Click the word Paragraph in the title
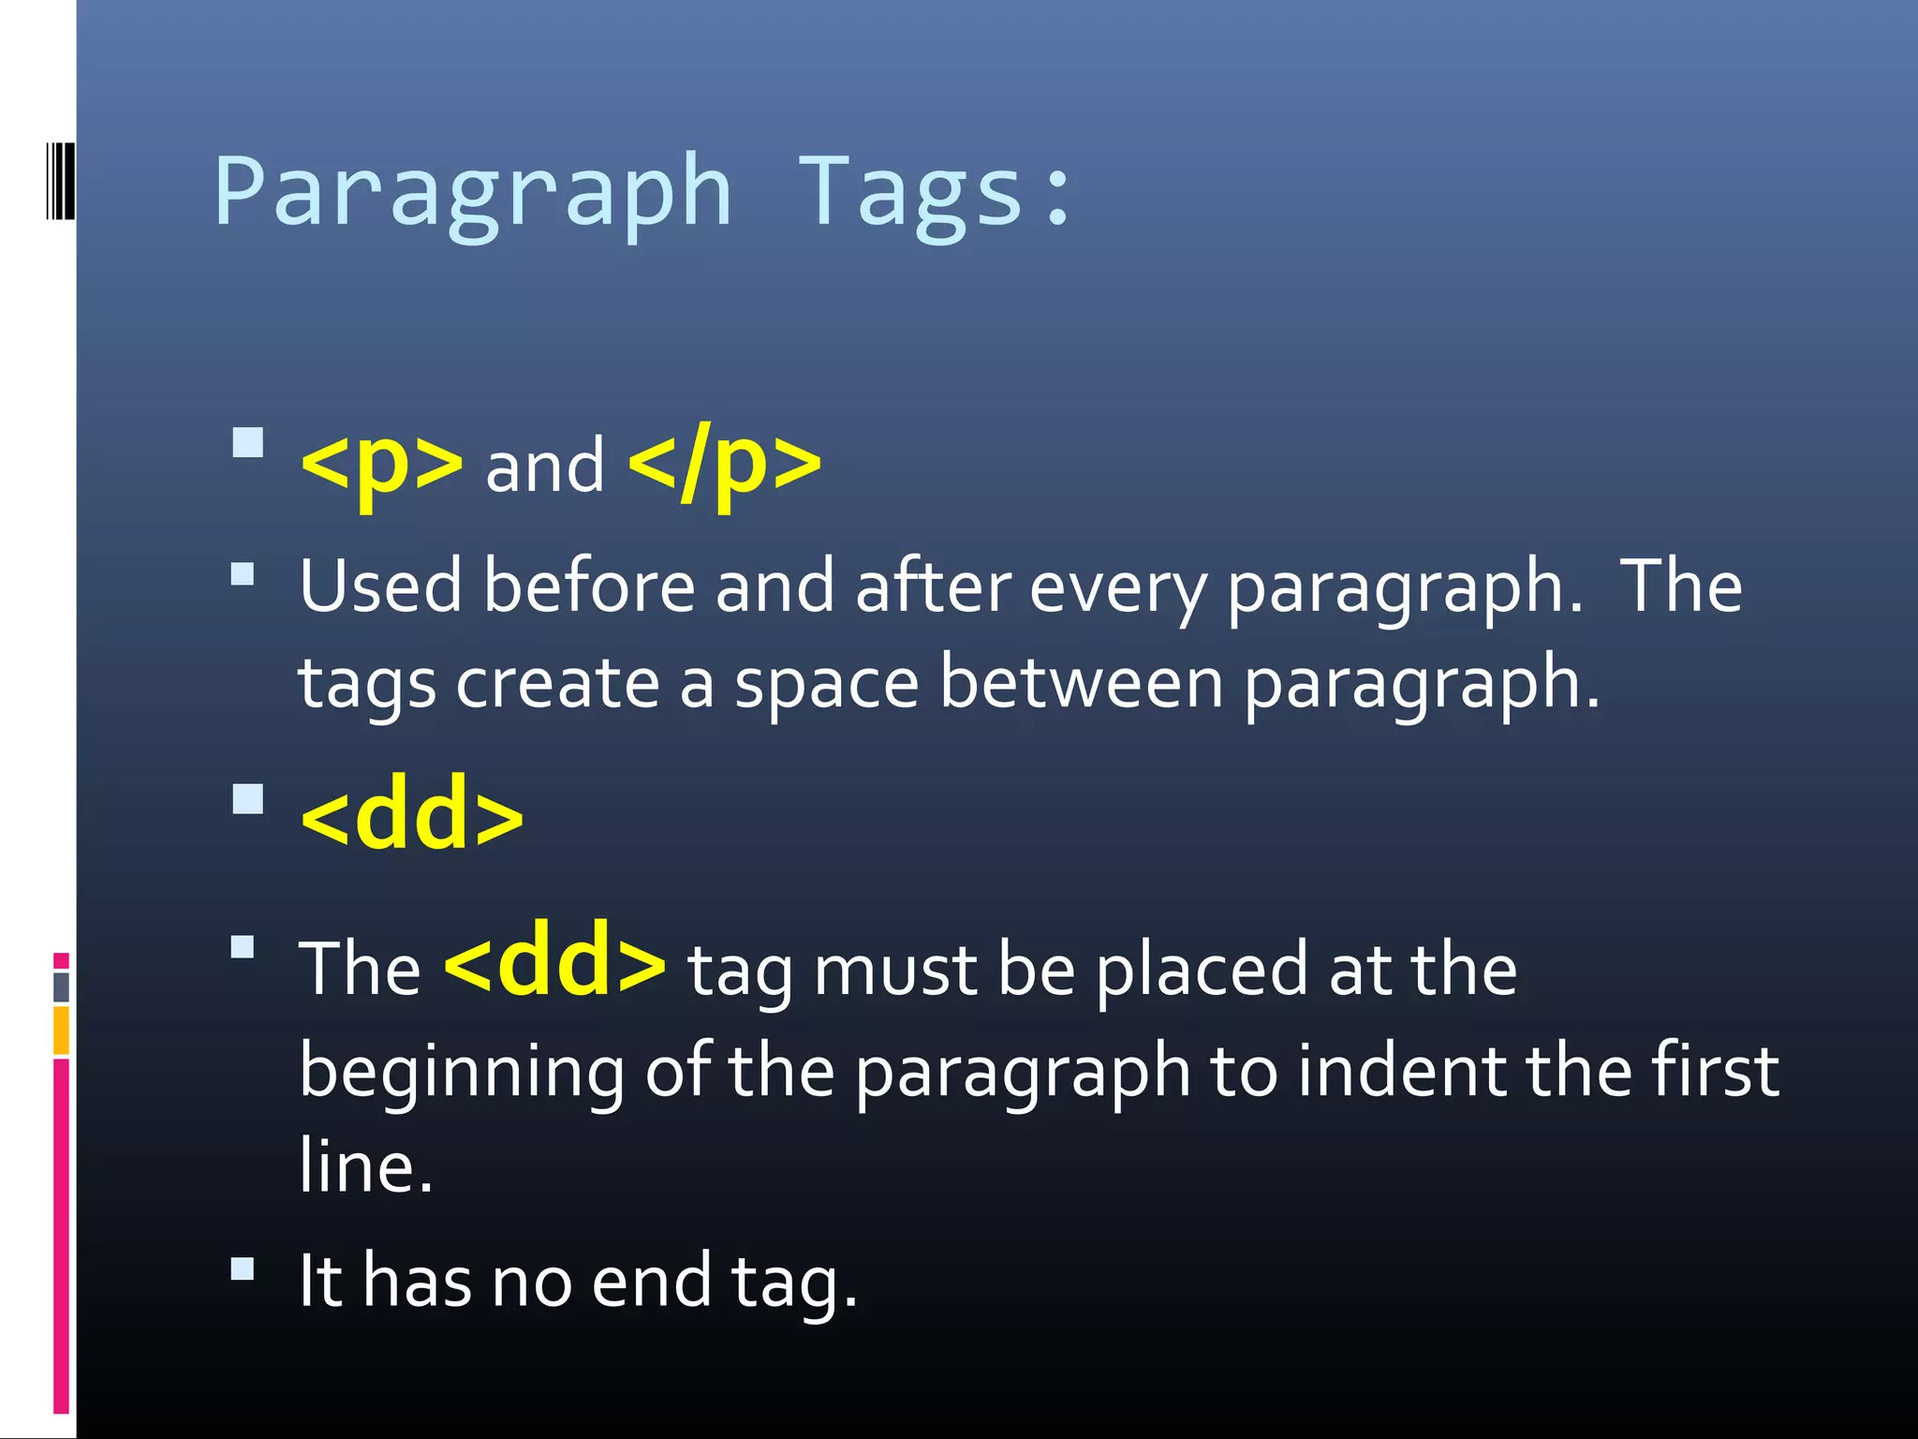click(x=473, y=192)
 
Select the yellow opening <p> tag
click(x=381, y=463)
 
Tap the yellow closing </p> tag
click(x=725, y=463)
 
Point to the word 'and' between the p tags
click(x=545, y=467)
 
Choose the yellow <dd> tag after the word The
click(x=555, y=961)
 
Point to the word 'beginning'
click(x=462, y=1073)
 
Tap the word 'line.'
click(x=366, y=1166)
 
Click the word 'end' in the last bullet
click(x=652, y=1281)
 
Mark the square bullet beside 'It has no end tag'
click(x=243, y=1269)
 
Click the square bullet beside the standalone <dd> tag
click(x=247, y=799)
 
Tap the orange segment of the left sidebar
click(x=61, y=1031)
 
